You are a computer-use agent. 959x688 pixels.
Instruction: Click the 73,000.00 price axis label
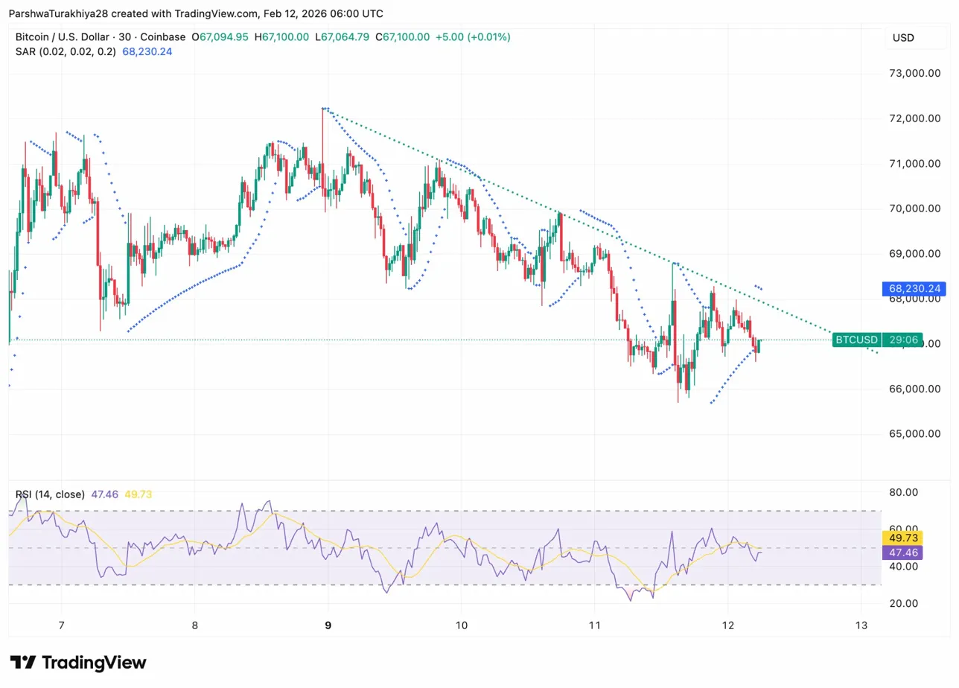click(914, 73)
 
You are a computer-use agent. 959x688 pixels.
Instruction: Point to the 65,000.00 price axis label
click(914, 434)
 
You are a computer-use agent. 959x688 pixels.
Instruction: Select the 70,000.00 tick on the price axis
click(914, 208)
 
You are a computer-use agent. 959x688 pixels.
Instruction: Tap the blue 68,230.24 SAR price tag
click(903, 288)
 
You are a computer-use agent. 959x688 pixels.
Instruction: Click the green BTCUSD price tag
click(856, 340)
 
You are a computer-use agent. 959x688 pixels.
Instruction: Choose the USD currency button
click(903, 38)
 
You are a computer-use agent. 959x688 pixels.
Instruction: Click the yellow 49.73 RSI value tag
click(903, 538)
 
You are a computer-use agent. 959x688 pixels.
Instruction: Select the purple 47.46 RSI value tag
click(903, 552)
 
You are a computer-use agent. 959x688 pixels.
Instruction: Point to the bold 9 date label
click(328, 625)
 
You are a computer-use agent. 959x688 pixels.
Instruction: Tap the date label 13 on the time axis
click(861, 625)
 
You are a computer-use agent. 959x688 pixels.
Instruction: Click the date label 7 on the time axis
click(61, 625)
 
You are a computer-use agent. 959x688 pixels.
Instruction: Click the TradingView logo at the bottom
click(78, 663)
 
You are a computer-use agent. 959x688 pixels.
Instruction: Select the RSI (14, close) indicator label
click(49, 494)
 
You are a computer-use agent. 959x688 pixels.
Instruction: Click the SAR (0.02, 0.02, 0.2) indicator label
click(66, 51)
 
